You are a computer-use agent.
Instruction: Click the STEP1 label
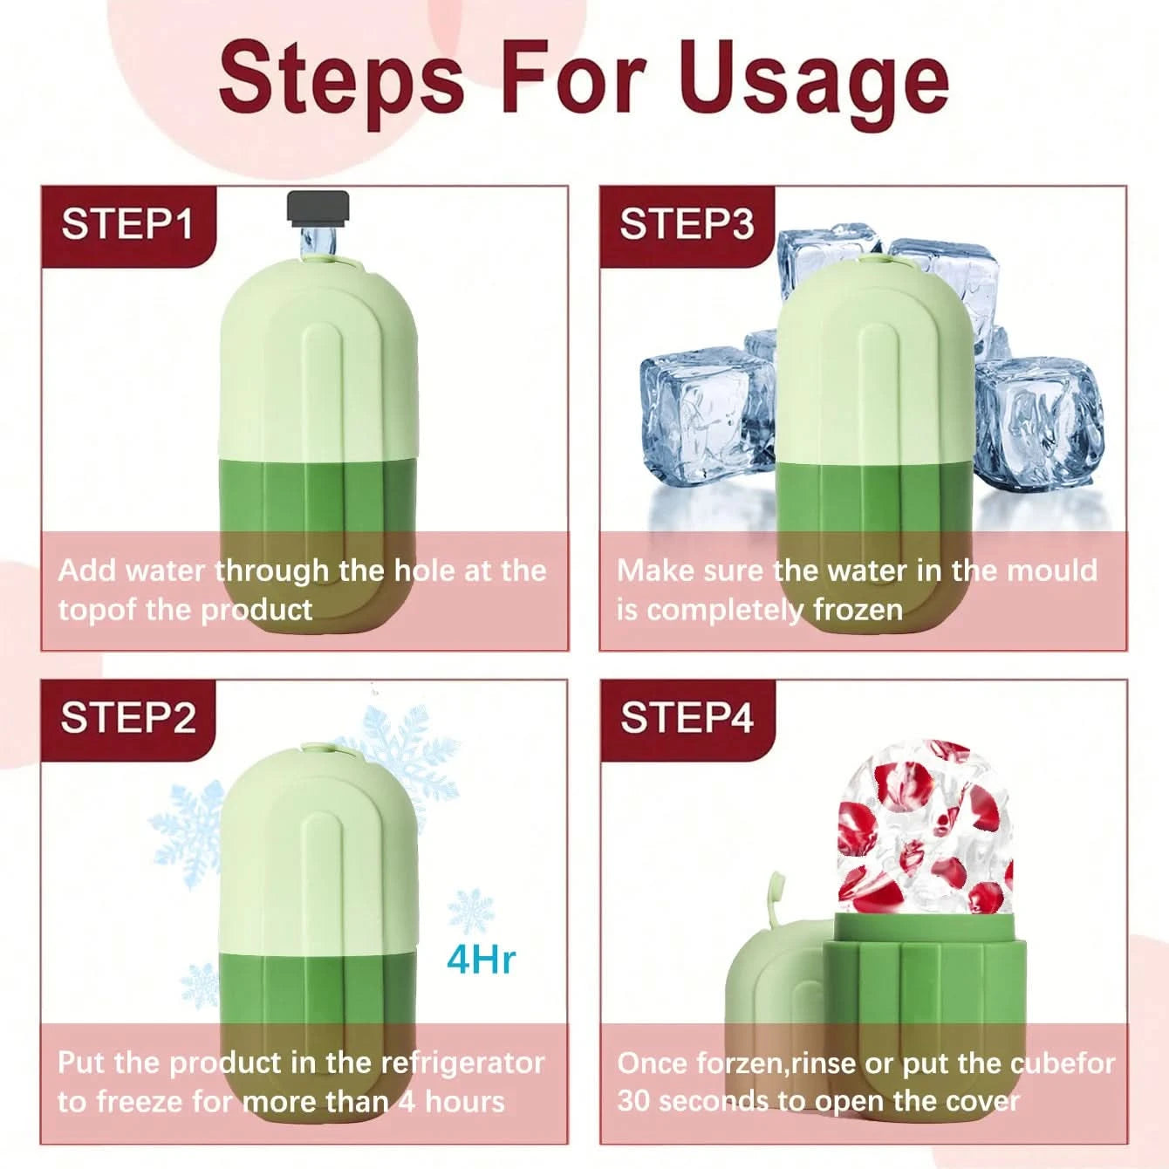[126, 224]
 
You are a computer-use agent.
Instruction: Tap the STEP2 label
[128, 718]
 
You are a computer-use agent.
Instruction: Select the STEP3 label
[687, 224]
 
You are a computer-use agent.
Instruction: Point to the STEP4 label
[687, 718]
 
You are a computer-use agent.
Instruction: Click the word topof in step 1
[98, 611]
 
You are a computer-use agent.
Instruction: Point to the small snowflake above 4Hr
[470, 911]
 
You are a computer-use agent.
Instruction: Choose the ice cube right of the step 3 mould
[1038, 425]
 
